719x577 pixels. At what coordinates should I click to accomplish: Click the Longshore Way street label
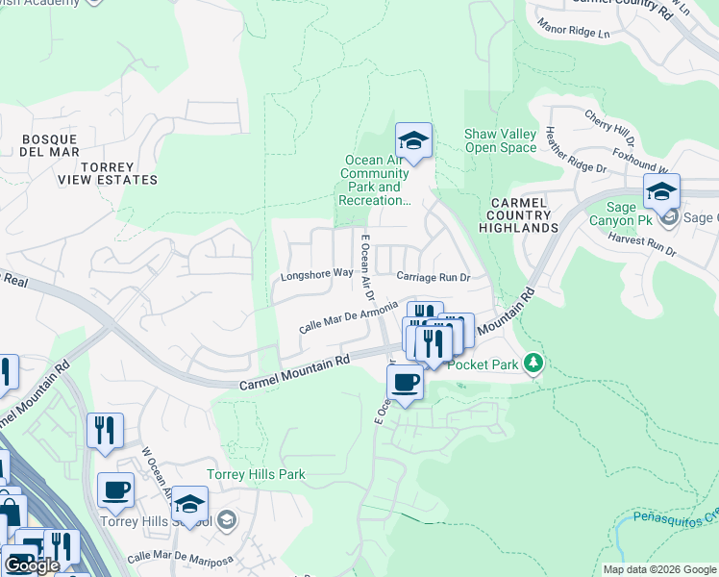click(316, 275)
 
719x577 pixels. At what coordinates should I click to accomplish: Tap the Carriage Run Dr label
click(433, 277)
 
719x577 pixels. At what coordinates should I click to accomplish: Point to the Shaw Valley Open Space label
click(500, 140)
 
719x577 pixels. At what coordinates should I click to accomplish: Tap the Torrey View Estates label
click(120, 173)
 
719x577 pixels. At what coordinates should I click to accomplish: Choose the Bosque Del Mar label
click(50, 146)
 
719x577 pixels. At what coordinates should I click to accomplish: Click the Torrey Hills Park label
click(256, 475)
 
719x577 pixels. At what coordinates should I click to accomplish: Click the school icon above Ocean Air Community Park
click(413, 142)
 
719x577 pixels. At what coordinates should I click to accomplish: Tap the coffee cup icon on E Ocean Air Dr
click(405, 382)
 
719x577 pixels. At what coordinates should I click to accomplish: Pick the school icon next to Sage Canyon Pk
click(661, 192)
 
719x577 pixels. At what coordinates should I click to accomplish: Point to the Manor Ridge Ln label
click(574, 27)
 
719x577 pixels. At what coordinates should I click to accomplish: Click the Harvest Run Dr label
click(643, 245)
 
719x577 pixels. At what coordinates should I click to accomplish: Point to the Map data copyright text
click(659, 569)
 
